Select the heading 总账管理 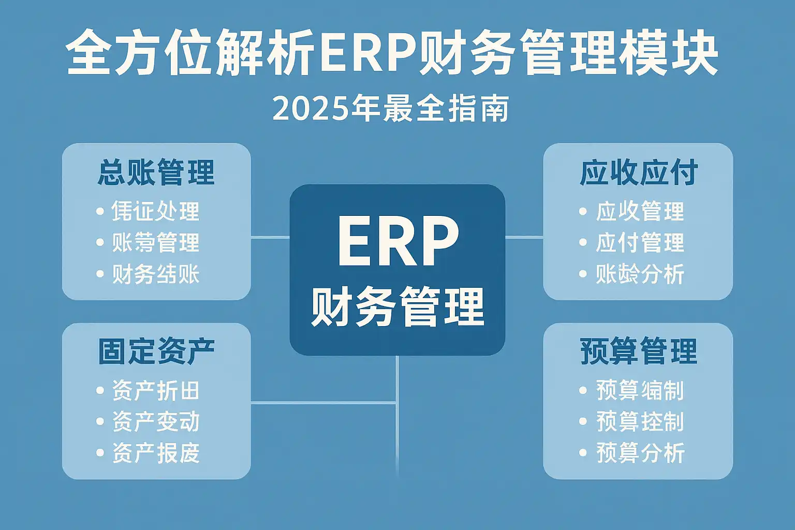coord(156,173)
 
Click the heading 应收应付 coord(639,173)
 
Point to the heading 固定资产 coord(156,351)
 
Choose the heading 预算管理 coord(639,351)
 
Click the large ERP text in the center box coord(397,242)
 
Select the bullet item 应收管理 coord(640,211)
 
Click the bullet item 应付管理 coord(640,243)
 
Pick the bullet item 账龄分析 coord(640,274)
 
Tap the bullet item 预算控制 coord(640,422)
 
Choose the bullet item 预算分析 coord(640,453)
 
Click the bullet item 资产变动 coord(156,422)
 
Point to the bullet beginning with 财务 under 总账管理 coord(156,274)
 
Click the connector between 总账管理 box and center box coord(270,238)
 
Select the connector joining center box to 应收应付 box coord(524,238)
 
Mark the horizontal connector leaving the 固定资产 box coord(323,402)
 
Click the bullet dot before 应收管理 coord(583,212)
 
